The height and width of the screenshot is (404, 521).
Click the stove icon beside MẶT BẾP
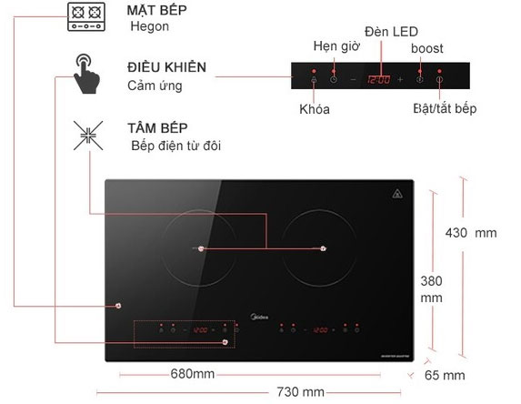tap(86, 17)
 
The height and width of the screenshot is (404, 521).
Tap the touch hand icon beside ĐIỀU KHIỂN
tap(86, 74)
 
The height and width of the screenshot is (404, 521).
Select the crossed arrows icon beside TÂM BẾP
tap(88, 136)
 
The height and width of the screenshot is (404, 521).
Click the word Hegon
tap(149, 26)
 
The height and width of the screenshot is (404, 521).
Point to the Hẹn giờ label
tap(336, 46)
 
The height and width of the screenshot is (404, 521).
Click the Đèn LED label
tap(391, 32)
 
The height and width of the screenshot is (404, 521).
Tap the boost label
tap(427, 48)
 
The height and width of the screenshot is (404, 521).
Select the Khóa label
tap(315, 109)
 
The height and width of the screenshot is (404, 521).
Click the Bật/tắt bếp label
tap(445, 108)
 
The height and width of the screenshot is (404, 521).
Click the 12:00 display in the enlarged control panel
tap(379, 80)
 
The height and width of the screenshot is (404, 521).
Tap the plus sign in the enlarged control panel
tap(400, 80)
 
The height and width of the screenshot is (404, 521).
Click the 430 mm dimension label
tap(471, 233)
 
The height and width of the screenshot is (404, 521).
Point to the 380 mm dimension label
tap(431, 289)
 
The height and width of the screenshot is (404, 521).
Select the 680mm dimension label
tap(193, 374)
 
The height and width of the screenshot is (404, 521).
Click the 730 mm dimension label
tap(300, 391)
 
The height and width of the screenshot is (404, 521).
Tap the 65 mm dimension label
tap(445, 375)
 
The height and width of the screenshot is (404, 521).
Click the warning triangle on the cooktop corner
tap(397, 194)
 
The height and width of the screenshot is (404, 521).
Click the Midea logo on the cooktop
tap(259, 317)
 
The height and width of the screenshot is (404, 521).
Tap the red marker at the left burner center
tap(201, 248)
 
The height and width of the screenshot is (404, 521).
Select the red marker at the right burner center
tap(323, 248)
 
